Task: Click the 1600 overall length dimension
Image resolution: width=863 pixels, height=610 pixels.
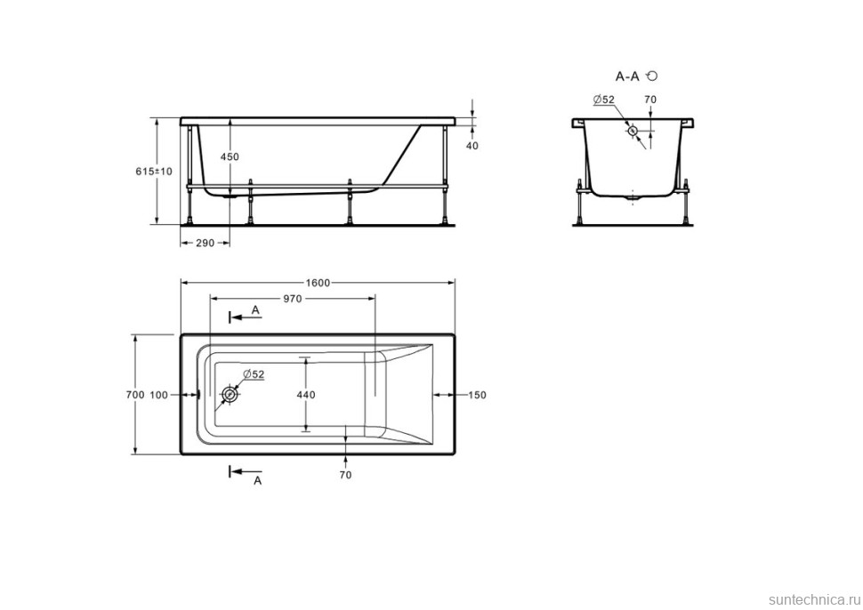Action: (319, 283)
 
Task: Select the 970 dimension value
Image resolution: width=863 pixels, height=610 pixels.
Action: (293, 299)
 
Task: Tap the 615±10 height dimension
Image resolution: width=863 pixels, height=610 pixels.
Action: (154, 171)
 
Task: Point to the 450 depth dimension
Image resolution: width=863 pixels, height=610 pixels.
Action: (230, 157)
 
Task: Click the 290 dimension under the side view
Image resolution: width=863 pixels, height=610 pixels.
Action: (205, 243)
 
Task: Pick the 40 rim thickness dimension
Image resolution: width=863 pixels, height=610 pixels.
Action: (472, 145)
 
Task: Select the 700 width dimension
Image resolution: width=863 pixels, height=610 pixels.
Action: (135, 394)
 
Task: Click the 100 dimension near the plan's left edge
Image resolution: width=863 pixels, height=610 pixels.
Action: (159, 394)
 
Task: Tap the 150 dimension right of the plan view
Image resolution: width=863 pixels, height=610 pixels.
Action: (476, 394)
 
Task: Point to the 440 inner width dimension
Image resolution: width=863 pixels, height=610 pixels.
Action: (306, 394)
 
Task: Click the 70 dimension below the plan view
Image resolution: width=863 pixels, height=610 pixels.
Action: (345, 474)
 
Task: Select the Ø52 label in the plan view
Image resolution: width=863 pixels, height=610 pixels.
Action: (254, 374)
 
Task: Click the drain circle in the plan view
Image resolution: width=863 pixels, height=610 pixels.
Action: (230, 394)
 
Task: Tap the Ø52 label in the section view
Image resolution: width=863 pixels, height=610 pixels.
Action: (604, 99)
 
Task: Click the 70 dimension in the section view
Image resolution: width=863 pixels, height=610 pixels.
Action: (649, 99)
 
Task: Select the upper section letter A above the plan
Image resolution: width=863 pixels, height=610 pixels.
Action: (255, 309)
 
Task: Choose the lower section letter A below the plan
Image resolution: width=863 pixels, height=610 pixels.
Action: (258, 480)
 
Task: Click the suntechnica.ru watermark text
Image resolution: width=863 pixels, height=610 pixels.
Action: (812, 600)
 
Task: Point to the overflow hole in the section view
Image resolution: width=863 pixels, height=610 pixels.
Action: (633, 130)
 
